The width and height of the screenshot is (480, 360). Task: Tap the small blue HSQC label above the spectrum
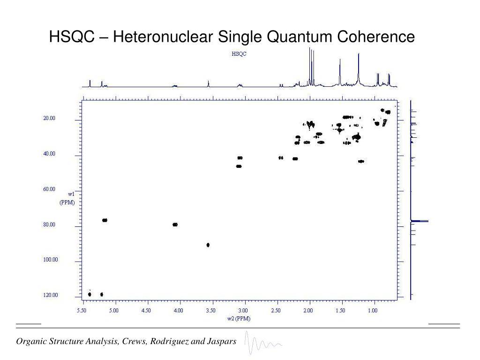tap(239, 54)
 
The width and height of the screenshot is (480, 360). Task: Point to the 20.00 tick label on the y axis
tap(49, 119)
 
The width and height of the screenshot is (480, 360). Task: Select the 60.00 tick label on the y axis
tap(49, 189)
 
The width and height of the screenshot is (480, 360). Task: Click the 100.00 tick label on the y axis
tap(50, 260)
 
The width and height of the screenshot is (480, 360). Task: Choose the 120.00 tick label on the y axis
tap(50, 295)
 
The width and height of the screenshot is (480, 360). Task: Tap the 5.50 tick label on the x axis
tap(82, 310)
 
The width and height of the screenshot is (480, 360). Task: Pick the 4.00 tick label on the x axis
tap(178, 310)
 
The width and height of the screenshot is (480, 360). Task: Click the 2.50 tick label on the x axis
tap(276, 310)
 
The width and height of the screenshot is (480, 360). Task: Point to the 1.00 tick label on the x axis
tap(373, 310)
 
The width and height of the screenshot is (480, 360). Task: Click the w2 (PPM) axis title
tap(239, 318)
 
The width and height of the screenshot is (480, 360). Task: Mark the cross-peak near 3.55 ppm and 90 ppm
tap(208, 245)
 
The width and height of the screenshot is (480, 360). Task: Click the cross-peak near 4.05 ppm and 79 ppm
tap(175, 225)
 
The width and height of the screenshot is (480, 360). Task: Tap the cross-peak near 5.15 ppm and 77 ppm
tap(105, 220)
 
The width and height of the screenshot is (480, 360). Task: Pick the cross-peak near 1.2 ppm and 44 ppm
tap(360, 161)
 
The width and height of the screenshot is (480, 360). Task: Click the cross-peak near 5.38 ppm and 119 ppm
tap(90, 294)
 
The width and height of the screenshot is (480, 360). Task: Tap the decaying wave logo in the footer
tap(262, 345)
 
